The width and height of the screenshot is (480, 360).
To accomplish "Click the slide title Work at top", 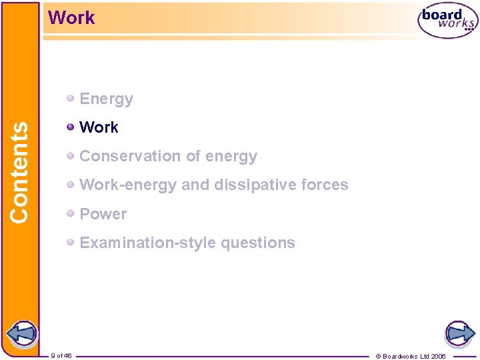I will (x=72, y=18).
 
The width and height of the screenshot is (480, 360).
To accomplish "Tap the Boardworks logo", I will (x=448, y=21).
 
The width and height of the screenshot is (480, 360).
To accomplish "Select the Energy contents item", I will (x=106, y=99).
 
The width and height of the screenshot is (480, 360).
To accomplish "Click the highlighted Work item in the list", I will (x=99, y=127).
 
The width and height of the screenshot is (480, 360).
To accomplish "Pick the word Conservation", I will (x=126, y=156).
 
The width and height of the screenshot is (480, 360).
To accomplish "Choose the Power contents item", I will (x=103, y=214).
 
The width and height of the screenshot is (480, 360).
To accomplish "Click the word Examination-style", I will (x=147, y=243).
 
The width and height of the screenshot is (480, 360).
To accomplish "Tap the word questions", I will (x=258, y=243).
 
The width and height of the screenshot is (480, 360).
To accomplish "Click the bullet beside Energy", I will (x=71, y=99).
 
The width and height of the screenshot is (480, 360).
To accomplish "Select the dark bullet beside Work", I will (x=71, y=127).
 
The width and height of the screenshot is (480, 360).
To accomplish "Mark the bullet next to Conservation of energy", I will (x=71, y=156).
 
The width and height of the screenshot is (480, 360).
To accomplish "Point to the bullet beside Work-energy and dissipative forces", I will (x=71, y=185).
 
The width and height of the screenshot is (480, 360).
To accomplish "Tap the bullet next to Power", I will (x=71, y=214).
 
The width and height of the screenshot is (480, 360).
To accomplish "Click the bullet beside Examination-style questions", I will (x=71, y=243).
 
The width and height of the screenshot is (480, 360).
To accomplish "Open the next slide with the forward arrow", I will (x=459, y=333).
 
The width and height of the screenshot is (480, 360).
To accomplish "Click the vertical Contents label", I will (x=19, y=171).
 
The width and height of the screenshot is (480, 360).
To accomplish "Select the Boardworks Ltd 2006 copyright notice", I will (x=411, y=356).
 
